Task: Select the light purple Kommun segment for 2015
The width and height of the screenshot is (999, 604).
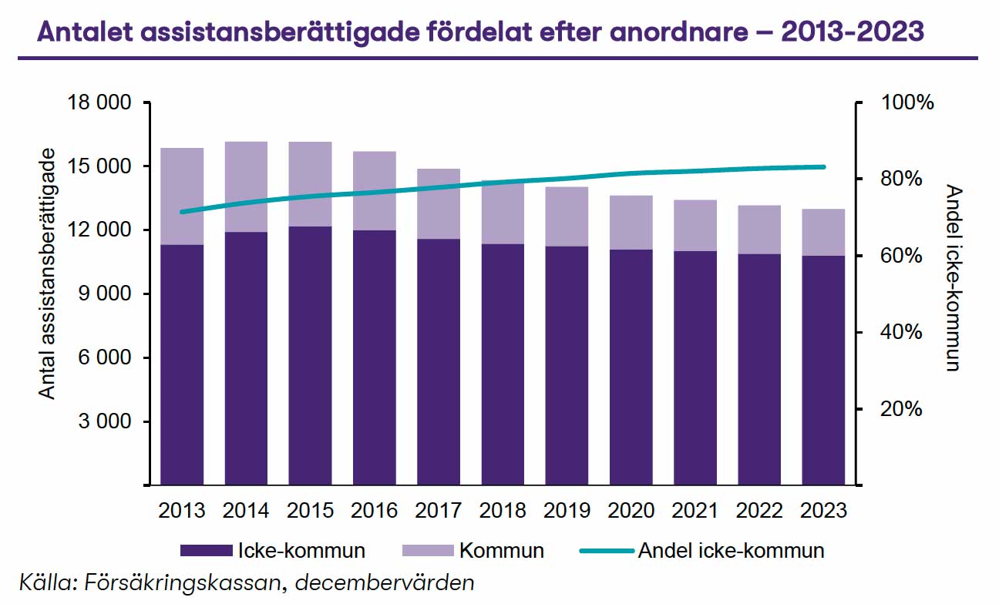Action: tap(311, 183)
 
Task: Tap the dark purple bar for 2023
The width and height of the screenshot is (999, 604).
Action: tap(823, 370)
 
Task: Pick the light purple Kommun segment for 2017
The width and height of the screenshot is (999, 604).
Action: tap(439, 203)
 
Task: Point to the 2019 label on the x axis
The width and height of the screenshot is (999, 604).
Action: tap(567, 510)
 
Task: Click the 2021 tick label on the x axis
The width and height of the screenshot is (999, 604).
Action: tap(695, 510)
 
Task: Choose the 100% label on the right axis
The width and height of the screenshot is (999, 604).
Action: tap(900, 102)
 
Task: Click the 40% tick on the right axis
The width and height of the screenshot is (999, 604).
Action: tap(900, 333)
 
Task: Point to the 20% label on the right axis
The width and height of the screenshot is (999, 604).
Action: tap(900, 409)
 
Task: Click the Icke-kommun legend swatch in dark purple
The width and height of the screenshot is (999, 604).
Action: tap(206, 551)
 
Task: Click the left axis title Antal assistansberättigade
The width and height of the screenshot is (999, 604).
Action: tap(48, 274)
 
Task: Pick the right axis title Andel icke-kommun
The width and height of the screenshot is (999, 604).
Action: tap(954, 278)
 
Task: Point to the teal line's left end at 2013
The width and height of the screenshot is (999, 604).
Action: tap(182, 212)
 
